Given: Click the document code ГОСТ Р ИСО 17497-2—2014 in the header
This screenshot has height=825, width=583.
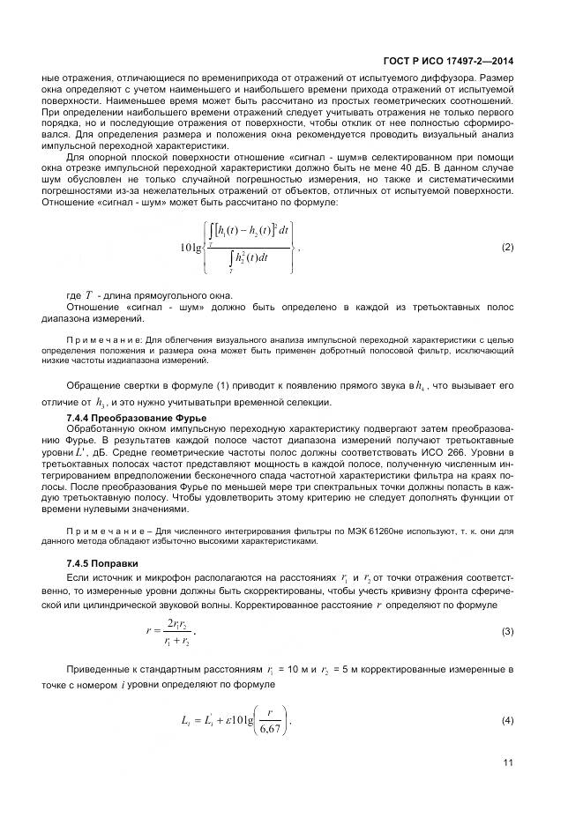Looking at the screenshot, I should pos(448,62).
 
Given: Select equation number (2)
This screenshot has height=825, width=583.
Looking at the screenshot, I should pos(507,248).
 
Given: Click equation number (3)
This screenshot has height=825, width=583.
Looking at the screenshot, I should pos(507,631).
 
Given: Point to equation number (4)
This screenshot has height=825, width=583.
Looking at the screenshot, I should pos(507,721).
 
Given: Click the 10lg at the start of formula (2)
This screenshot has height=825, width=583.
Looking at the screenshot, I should pos(191,249).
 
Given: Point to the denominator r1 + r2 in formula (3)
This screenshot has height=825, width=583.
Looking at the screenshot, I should pos(176,642).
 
